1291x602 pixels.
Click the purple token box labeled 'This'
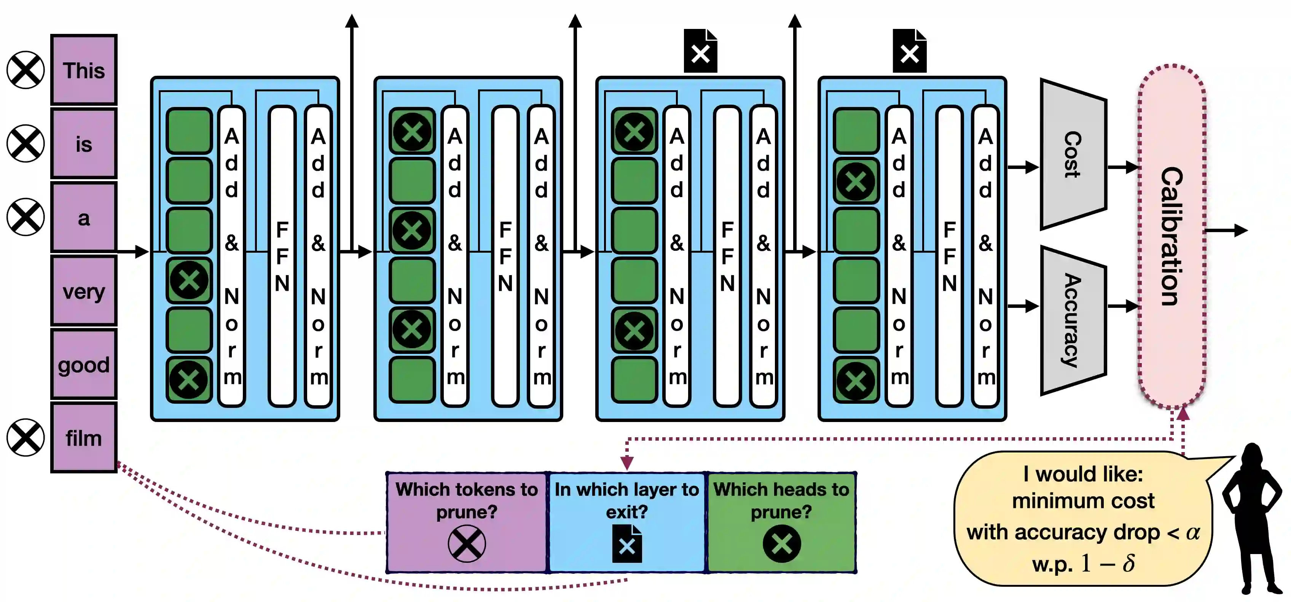(x=84, y=70)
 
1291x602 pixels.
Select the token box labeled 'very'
(x=84, y=291)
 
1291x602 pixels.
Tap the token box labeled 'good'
(x=84, y=365)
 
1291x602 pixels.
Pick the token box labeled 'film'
(x=84, y=438)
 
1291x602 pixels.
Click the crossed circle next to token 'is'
(x=26, y=143)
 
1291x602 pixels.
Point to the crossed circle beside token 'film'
(x=26, y=438)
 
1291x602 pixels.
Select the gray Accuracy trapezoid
(x=1073, y=320)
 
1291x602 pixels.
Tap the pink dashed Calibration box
(x=1172, y=236)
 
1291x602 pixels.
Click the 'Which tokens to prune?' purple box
(x=467, y=521)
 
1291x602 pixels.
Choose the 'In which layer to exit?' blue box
(x=626, y=521)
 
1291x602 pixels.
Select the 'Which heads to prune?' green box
(x=781, y=521)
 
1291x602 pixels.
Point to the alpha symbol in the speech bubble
(x=1193, y=532)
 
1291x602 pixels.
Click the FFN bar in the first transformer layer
(x=282, y=256)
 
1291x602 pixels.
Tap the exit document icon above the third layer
(x=700, y=51)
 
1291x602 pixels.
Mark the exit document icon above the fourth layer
(x=909, y=51)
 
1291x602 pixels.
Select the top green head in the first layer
(x=189, y=131)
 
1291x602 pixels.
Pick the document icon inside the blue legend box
(x=626, y=545)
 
